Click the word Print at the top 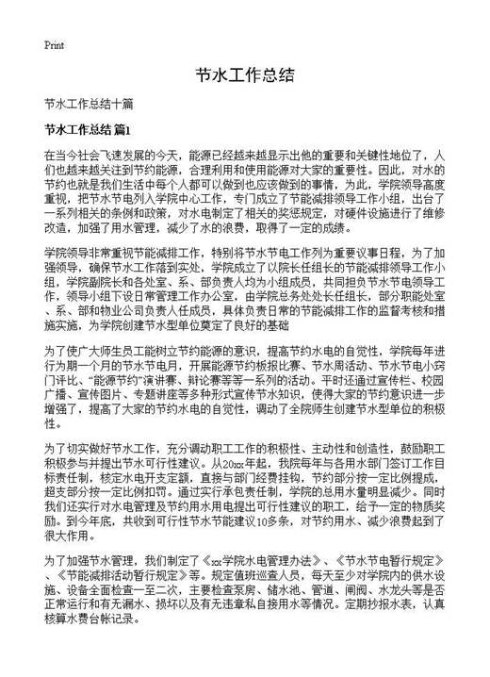coord(54,45)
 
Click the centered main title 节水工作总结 coord(244,75)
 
